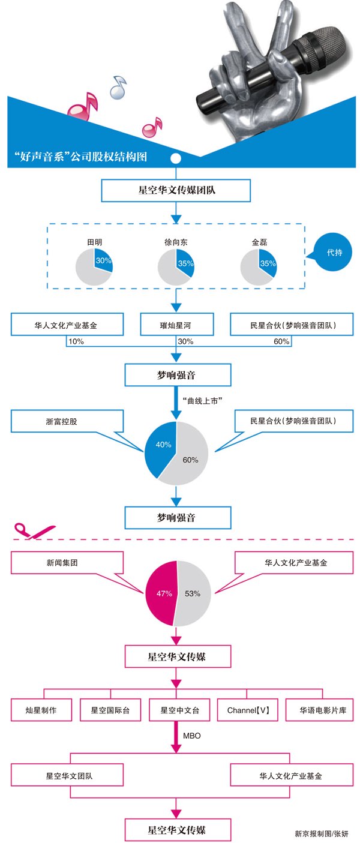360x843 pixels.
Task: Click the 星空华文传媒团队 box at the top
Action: tap(176, 190)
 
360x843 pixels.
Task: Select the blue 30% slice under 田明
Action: tap(103, 261)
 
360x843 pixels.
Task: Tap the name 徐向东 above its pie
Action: tap(176, 242)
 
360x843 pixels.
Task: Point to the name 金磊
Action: tap(259, 242)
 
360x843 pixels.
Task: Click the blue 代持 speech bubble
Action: tap(332, 253)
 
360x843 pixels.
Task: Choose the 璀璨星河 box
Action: tap(177, 325)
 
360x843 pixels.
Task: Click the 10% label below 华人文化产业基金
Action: tap(76, 341)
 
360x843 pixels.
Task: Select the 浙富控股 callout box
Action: tap(67, 421)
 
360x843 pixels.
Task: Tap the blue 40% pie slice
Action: tap(160, 448)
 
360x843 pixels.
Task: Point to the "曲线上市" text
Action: tap(202, 401)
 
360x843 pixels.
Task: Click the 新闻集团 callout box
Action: tap(67, 563)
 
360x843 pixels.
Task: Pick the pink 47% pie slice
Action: tap(162, 593)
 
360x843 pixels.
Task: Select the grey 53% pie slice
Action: tap(193, 593)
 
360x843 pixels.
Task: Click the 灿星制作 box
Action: tap(41, 710)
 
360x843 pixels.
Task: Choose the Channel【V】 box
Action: tap(248, 710)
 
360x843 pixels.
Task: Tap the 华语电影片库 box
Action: tap(319, 710)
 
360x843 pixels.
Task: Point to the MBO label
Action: tap(192, 736)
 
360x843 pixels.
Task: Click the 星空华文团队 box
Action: tap(67, 775)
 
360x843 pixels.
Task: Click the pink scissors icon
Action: tap(34, 531)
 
